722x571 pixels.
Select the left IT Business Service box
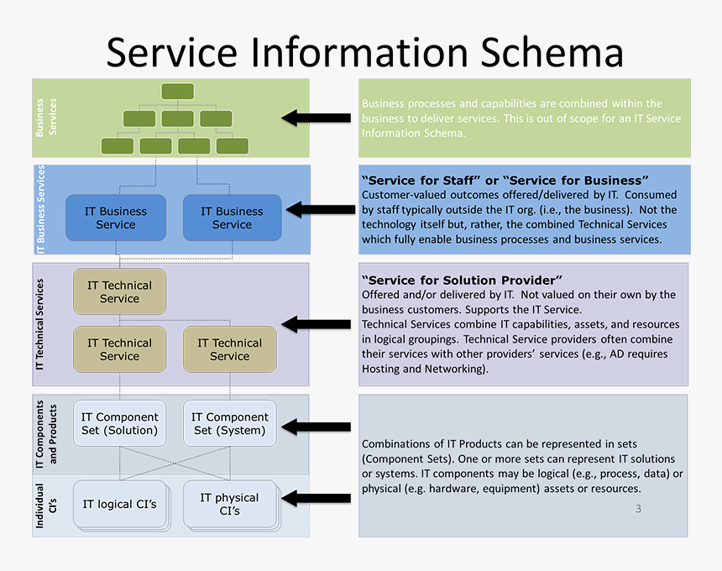tap(116, 217)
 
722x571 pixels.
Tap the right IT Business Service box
tap(232, 217)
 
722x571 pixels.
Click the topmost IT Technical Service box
tap(119, 291)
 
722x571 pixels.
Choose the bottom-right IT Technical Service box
tap(230, 349)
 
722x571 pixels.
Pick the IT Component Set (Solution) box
tap(119, 423)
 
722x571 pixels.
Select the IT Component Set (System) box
tap(230, 423)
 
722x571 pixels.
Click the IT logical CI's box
tap(119, 504)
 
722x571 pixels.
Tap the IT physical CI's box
tap(230, 504)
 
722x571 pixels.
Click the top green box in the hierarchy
tap(177, 91)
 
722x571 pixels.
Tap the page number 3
tap(638, 509)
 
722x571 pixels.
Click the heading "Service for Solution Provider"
tap(462, 280)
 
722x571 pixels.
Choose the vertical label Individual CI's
tap(44, 506)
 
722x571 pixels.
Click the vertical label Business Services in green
tap(46, 118)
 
